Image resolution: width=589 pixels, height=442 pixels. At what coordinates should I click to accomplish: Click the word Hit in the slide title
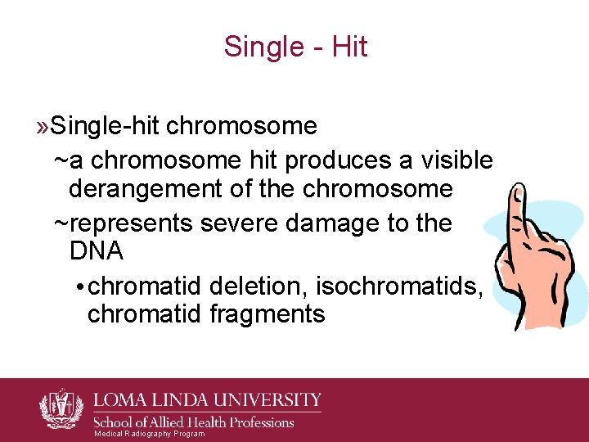tap(351, 47)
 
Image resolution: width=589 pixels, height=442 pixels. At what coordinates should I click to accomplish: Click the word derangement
tap(142, 189)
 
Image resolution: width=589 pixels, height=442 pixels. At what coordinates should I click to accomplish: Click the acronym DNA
tap(96, 251)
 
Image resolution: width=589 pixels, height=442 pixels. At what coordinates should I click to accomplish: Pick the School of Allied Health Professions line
tap(195, 422)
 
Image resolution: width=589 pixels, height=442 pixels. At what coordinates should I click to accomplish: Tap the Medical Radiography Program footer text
tap(150, 434)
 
